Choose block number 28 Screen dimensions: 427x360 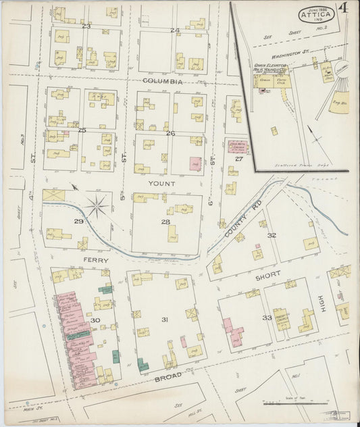coord(165,222)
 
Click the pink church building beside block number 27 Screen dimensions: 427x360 coord(237,145)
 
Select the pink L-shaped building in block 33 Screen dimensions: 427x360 coord(232,332)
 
